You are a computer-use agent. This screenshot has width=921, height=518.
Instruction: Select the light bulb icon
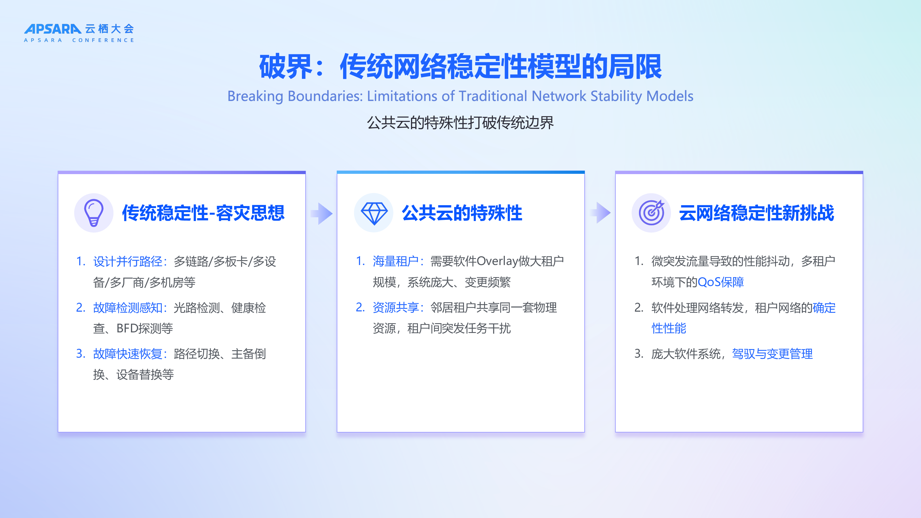[94, 213]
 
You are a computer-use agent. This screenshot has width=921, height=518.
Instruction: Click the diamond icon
[374, 213]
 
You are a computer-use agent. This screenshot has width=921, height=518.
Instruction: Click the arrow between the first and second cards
[322, 214]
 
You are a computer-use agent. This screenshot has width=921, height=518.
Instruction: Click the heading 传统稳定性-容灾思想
[203, 213]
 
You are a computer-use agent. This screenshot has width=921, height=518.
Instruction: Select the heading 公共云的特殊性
[462, 213]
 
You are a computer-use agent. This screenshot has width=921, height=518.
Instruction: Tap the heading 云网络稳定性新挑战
[757, 213]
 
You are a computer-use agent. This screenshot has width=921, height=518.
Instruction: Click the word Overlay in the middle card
[497, 261]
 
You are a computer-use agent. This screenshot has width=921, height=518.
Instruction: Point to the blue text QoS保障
[720, 282]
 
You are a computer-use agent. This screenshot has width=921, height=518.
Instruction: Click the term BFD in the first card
[127, 328]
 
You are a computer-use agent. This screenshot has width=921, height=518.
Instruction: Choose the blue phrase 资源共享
[395, 307]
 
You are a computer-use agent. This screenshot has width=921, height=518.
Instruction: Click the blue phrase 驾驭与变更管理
[772, 354]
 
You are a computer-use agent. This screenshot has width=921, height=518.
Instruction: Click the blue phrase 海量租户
[395, 261]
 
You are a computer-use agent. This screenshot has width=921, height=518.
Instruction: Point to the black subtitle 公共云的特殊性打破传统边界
[461, 123]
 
